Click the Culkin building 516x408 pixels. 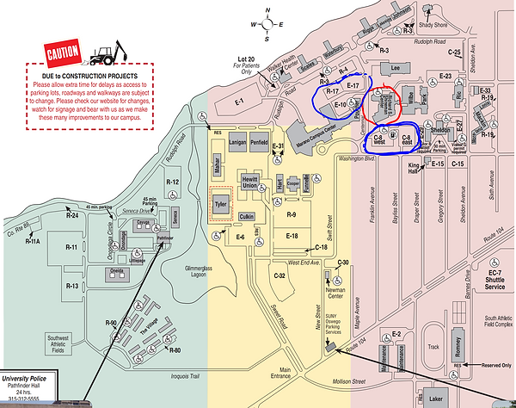248,217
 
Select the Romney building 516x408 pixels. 462,345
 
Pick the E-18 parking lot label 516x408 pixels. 292,235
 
